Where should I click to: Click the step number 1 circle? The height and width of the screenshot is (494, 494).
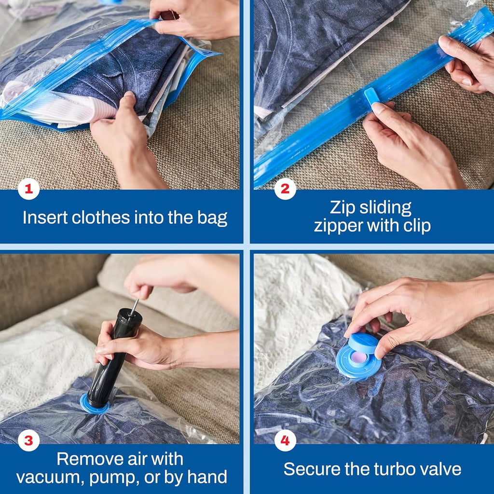(29, 189)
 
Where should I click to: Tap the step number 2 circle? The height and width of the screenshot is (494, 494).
(285, 189)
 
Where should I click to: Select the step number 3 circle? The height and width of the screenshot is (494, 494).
(29, 440)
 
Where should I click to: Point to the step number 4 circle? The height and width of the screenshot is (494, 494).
(285, 440)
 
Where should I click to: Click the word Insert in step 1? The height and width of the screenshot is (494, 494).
(45, 218)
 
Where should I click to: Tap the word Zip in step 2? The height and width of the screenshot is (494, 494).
(342, 207)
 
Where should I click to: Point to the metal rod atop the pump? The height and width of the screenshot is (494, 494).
(135, 305)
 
